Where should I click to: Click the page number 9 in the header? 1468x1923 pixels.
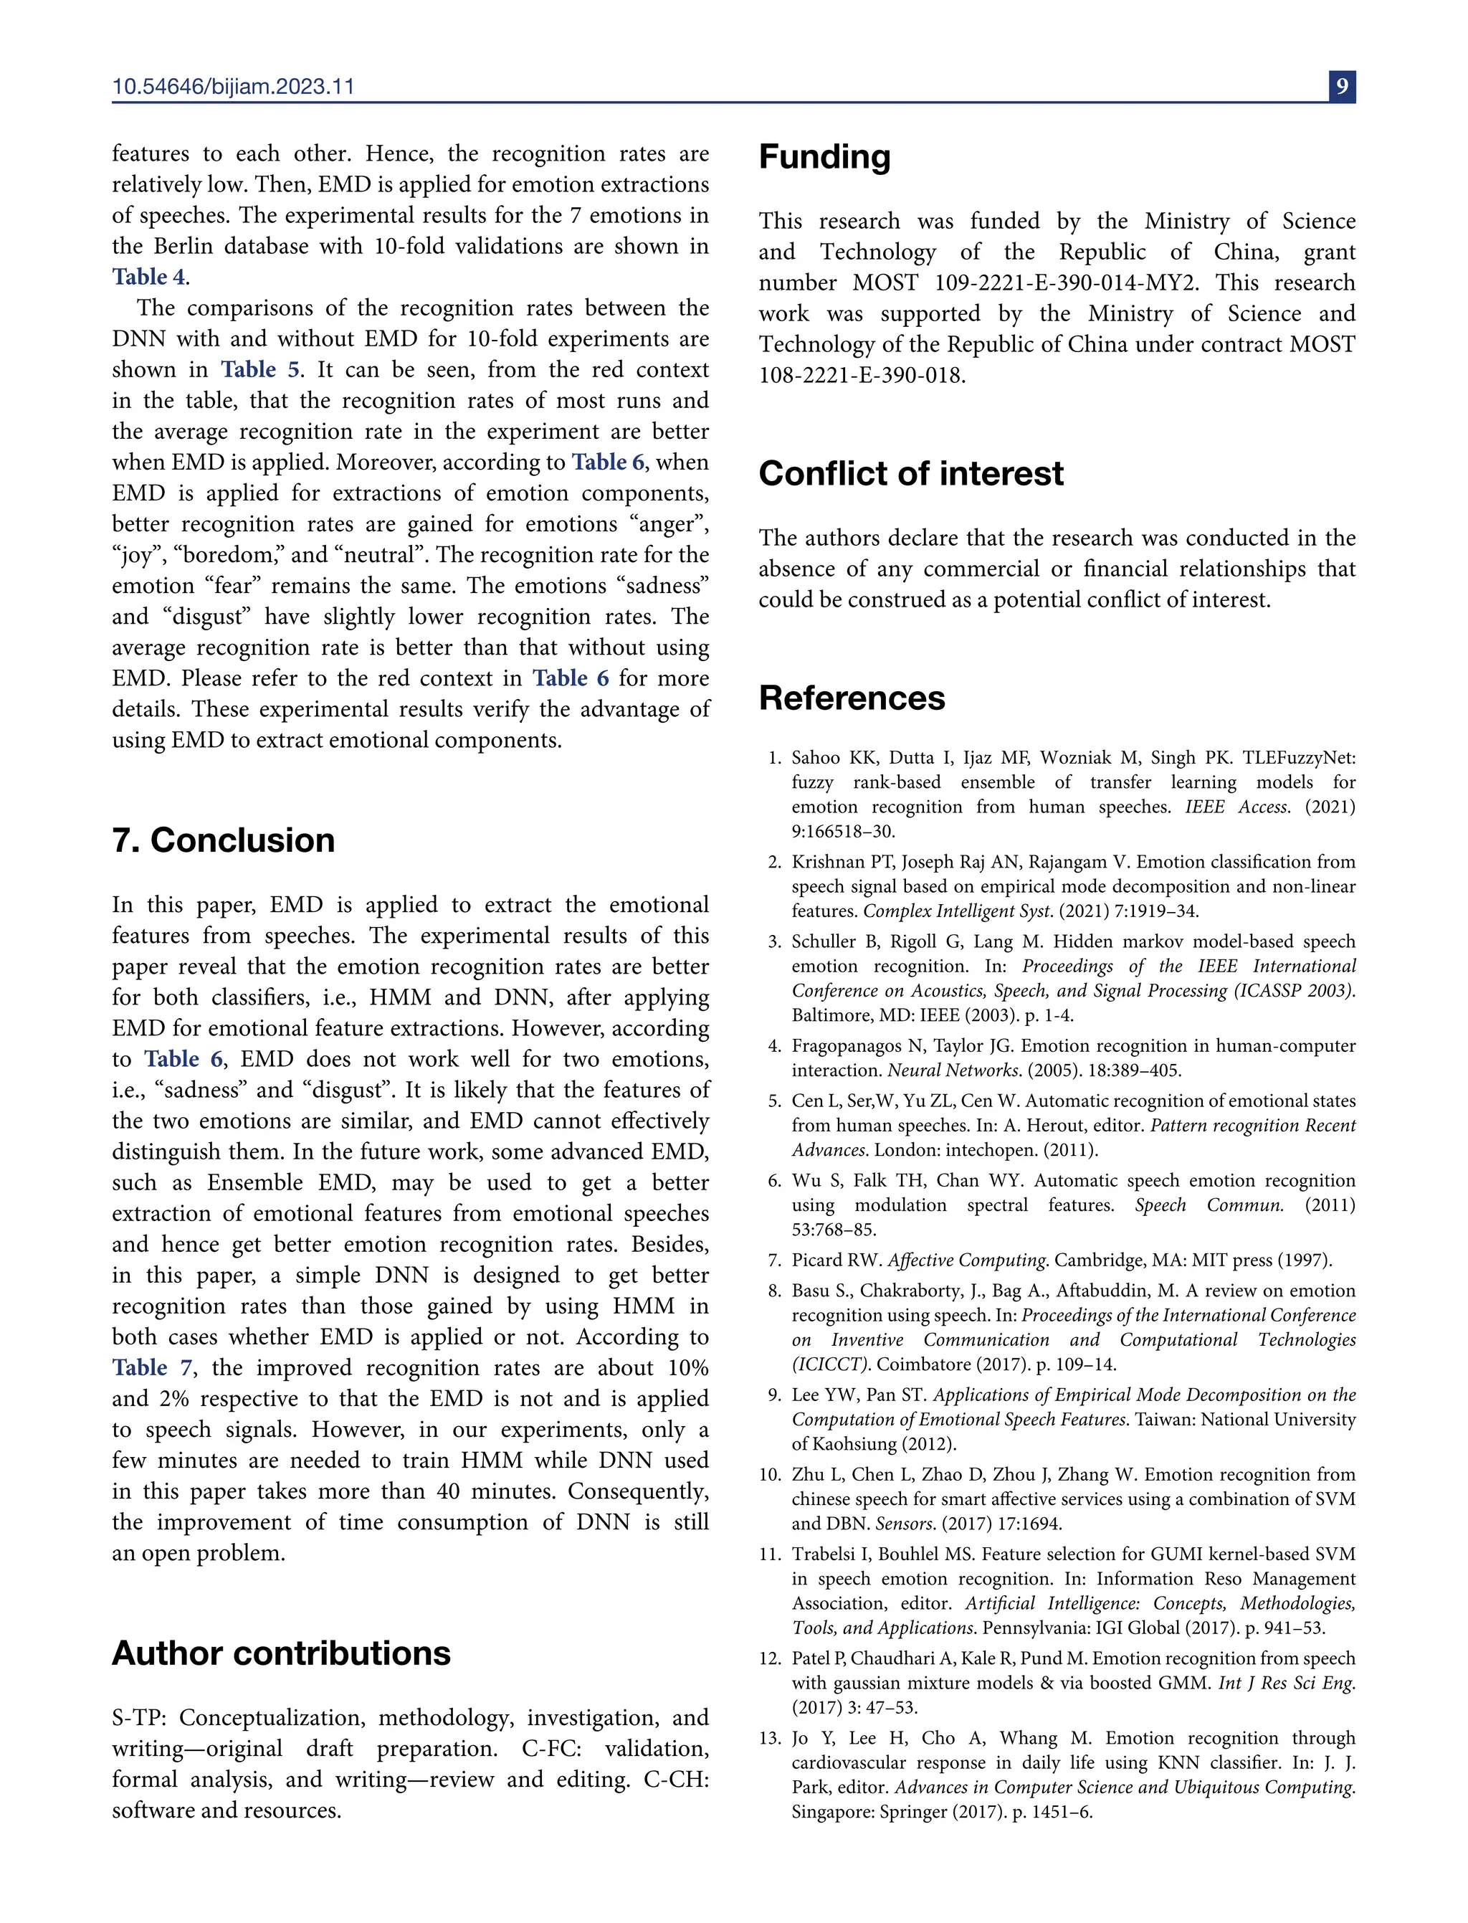(1342, 87)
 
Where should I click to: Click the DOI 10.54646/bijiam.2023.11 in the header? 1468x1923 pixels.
(233, 87)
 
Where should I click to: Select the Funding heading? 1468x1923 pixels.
(824, 157)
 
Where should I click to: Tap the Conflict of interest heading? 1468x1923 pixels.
(910, 474)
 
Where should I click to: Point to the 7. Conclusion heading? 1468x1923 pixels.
(224, 841)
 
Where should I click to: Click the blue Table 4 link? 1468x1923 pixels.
(148, 277)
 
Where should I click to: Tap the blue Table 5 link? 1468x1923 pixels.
(259, 370)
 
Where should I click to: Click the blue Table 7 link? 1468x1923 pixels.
(151, 1368)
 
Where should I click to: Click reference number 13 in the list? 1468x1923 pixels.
(770, 1739)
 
